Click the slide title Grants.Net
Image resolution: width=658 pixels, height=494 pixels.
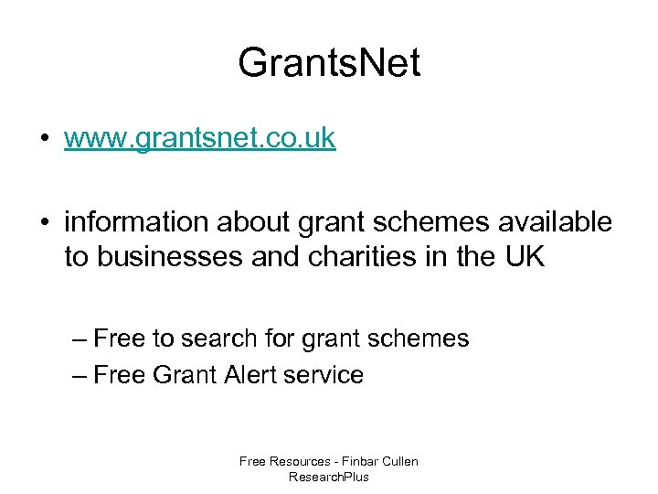coord(329,64)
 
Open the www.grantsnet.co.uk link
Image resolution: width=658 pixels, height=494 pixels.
coord(199,139)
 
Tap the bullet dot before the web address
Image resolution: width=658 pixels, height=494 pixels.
coord(44,139)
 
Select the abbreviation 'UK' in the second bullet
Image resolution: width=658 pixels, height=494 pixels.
coord(524,257)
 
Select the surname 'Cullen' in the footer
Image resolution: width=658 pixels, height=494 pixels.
coord(400,461)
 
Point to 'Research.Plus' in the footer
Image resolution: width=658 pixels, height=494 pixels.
coord(329,477)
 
